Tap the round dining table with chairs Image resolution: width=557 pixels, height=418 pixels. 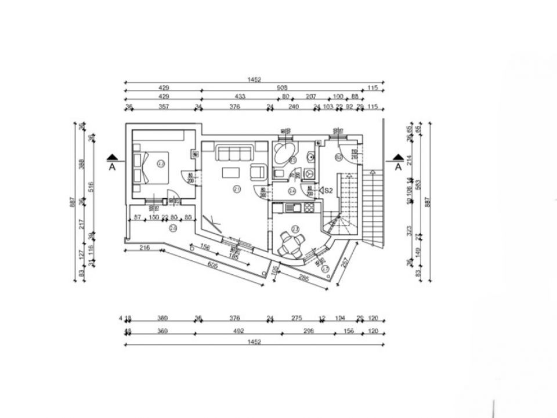pos(289,244)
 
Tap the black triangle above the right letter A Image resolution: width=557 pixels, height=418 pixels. pos(398,157)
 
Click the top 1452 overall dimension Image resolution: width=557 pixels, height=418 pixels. pos(254,80)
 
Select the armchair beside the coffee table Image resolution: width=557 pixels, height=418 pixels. pos(256,172)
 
